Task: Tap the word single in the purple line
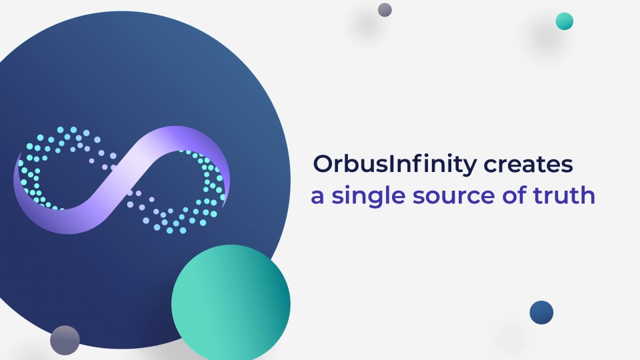[x=369, y=197]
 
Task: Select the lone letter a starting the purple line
[x=317, y=197]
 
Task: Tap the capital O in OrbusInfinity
[x=323, y=164]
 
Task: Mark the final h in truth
[x=587, y=195]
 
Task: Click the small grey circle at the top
[x=385, y=9]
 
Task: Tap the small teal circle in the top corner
[x=564, y=21]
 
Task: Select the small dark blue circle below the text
[x=541, y=312]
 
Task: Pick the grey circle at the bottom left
[x=65, y=340]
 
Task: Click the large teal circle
[x=231, y=304]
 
